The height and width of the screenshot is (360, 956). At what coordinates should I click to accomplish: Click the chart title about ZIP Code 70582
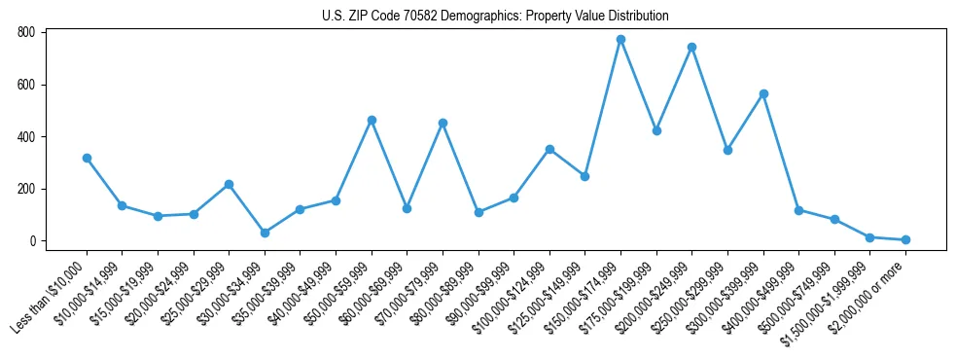495,16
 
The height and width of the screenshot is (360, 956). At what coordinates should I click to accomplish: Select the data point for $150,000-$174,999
620,40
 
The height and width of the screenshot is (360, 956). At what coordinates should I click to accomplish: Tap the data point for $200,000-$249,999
691,47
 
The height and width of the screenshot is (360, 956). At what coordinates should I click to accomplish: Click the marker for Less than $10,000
87,158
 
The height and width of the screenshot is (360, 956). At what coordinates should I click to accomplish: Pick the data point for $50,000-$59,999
372,120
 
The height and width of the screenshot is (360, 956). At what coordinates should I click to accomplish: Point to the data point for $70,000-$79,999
443,123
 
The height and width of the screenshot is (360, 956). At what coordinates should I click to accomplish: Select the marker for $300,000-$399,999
763,93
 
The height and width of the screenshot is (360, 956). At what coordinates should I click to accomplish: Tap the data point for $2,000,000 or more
905,239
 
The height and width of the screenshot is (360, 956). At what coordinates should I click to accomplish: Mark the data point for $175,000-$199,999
656,130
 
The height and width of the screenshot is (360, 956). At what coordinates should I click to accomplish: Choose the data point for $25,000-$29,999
229,184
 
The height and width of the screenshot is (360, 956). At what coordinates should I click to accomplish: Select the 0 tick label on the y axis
32,241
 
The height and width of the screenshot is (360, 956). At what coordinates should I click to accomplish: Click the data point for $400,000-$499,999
798,210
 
